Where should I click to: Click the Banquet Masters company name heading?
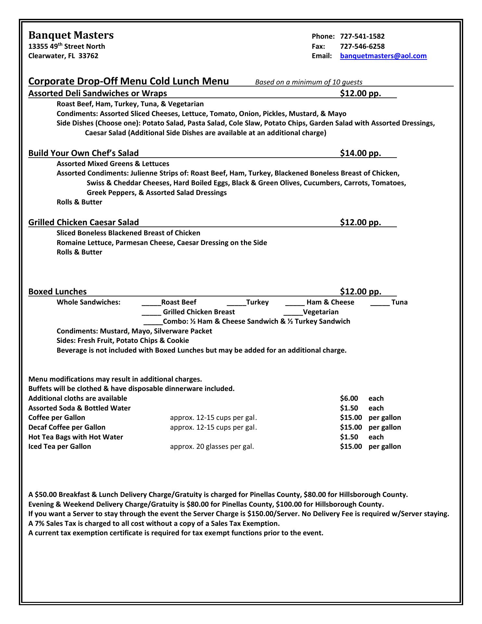point(71,35)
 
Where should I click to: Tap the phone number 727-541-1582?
point(362,36)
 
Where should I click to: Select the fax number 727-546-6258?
point(362,46)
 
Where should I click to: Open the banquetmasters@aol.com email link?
point(383,56)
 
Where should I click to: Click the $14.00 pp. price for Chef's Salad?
point(361,153)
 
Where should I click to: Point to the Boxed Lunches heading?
point(57,292)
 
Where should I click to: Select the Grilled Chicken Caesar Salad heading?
point(83,222)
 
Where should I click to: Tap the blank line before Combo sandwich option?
point(153,322)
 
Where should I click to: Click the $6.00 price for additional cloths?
point(349,398)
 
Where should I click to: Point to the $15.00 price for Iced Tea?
point(351,447)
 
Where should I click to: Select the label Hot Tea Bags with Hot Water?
point(76,437)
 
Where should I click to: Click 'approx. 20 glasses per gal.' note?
point(212,447)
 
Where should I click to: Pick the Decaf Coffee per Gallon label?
point(67,427)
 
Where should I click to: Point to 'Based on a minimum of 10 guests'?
point(309,82)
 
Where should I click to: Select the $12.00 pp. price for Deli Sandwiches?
point(361,94)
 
